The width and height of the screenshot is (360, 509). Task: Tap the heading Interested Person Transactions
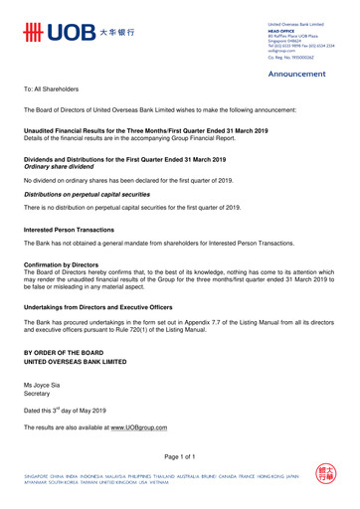(x=81, y=229)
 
